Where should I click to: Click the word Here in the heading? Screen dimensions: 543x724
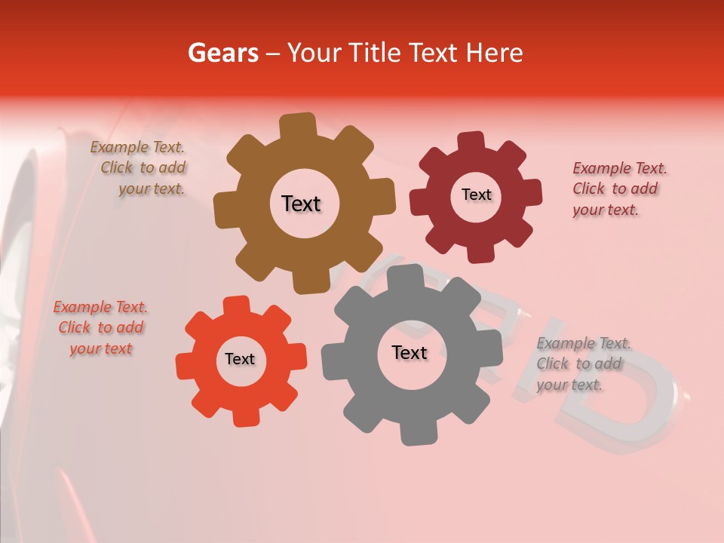pyautogui.click(x=494, y=53)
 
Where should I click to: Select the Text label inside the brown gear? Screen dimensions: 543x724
pyautogui.click(x=302, y=204)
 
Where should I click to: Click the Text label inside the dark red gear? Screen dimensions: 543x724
pyautogui.click(x=476, y=195)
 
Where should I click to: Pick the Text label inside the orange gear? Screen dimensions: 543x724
pyautogui.click(x=240, y=360)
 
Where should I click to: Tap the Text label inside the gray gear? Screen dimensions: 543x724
pyautogui.click(x=410, y=353)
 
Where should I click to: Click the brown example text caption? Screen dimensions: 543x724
pyautogui.click(x=140, y=168)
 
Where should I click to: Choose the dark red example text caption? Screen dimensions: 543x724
pyautogui.click(x=618, y=189)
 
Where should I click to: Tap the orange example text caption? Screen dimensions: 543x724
pyautogui.click(x=100, y=328)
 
